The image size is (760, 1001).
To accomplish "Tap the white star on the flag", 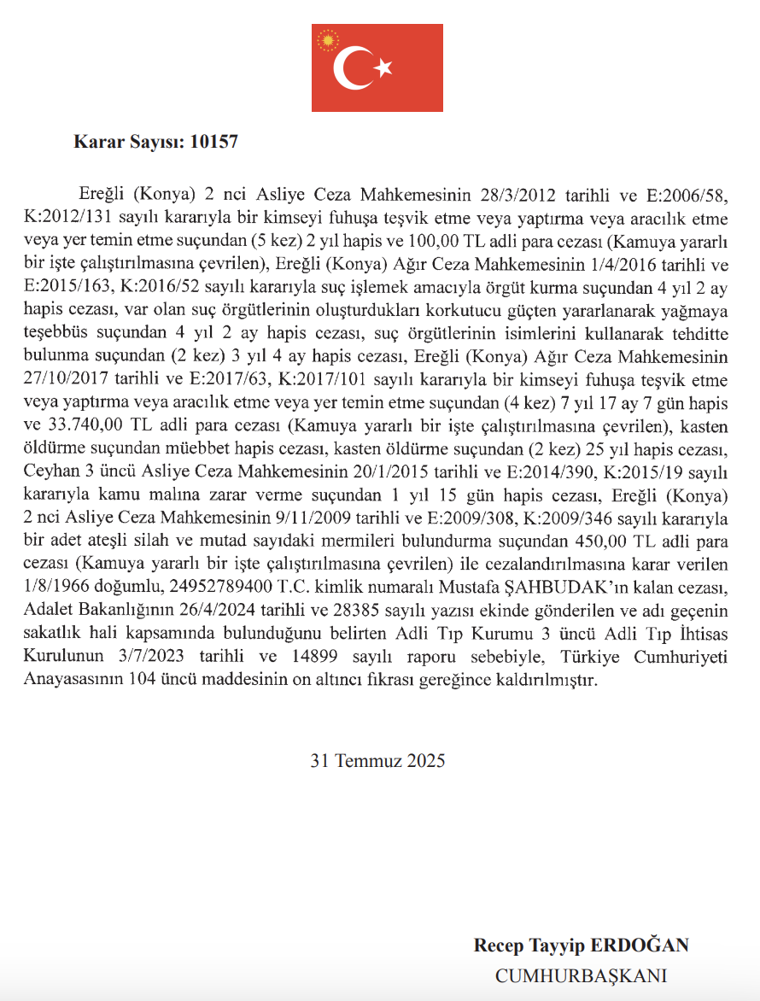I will [383, 67].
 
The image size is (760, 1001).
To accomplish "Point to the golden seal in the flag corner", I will [327, 39].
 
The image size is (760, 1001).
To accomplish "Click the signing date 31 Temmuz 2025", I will [377, 760].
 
